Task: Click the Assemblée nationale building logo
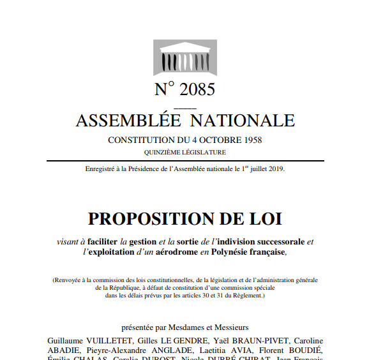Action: click(184, 59)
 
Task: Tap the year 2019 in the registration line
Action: click(275, 169)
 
